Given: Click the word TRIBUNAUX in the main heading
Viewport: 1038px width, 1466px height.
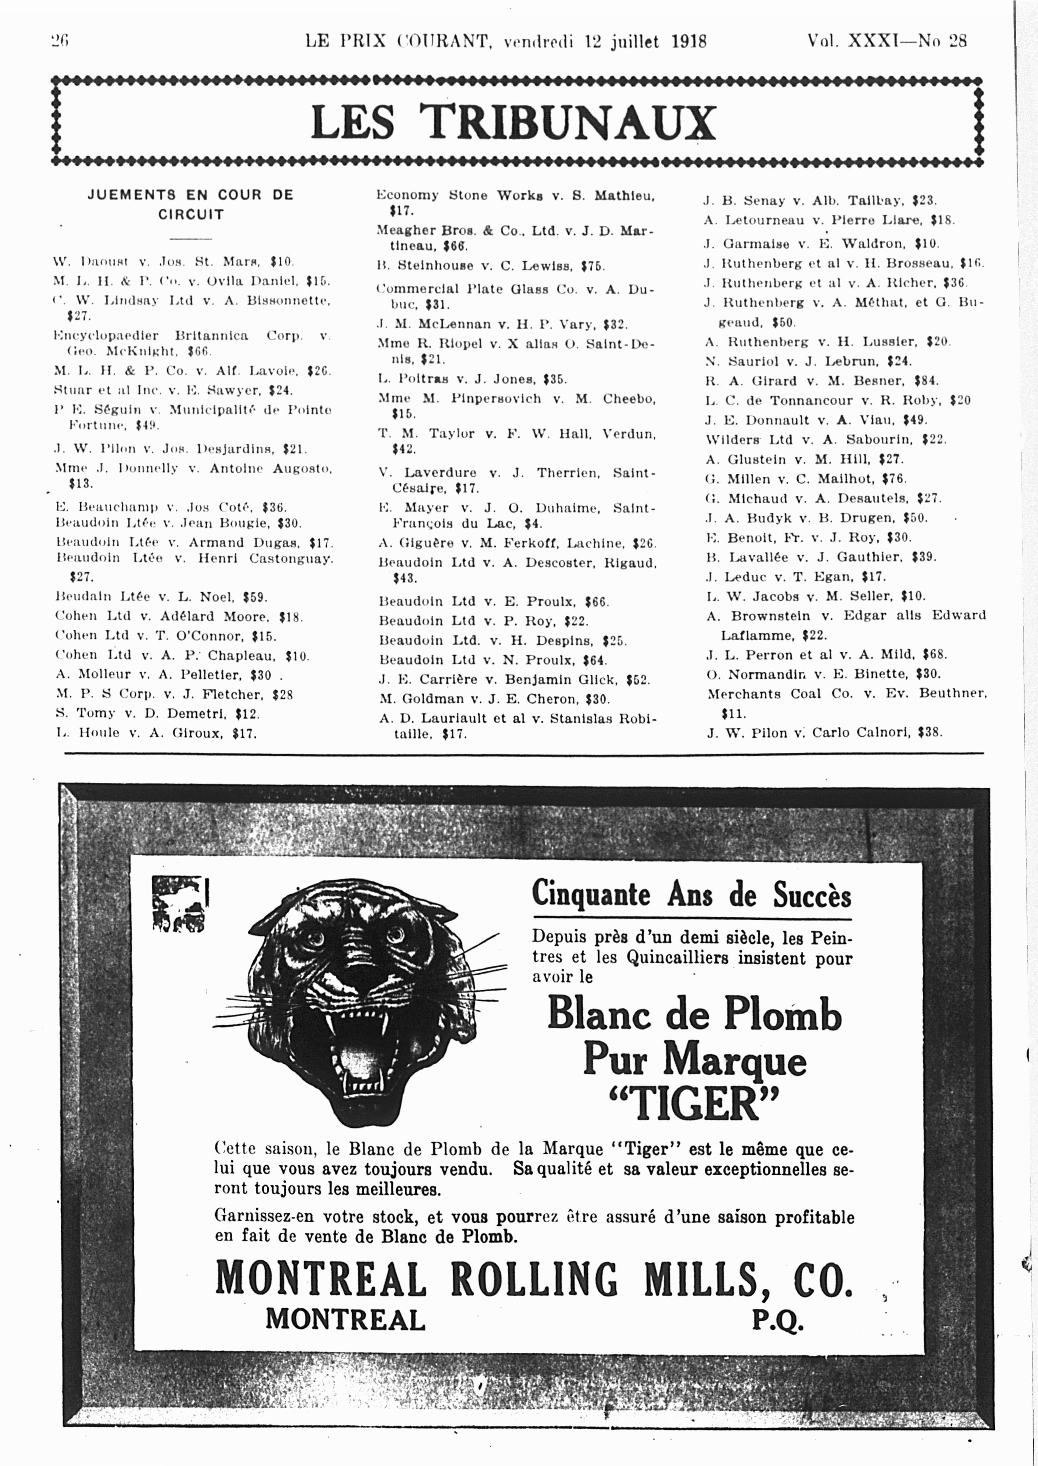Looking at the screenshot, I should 568,121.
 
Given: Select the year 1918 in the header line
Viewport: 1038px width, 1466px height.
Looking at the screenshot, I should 689,42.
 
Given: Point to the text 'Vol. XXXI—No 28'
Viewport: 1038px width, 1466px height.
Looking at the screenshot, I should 887,41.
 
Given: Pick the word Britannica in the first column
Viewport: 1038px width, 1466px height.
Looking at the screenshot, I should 211,336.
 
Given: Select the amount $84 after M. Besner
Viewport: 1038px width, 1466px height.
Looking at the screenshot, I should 926,381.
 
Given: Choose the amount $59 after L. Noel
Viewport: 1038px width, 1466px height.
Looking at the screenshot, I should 254,597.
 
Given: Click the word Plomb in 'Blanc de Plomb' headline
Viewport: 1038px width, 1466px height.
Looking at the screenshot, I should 783,1015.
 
